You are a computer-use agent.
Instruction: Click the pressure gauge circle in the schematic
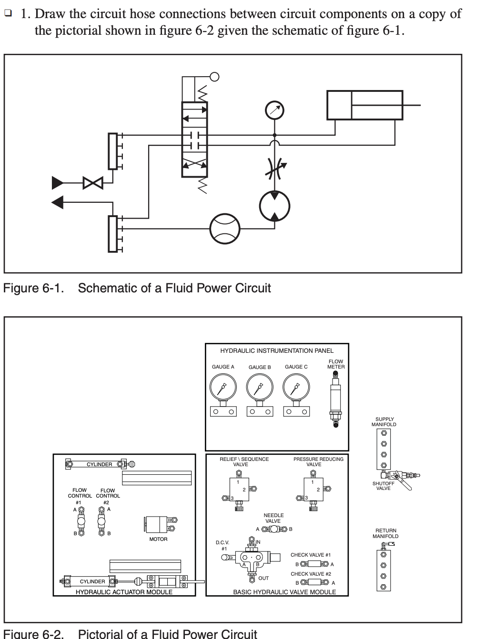[x=274, y=110]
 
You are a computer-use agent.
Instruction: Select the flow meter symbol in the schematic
[x=225, y=229]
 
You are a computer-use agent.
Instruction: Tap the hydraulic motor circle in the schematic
[x=274, y=206]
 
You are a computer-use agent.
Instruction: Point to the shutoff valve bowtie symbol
[x=93, y=182]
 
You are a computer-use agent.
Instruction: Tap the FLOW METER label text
[x=336, y=364]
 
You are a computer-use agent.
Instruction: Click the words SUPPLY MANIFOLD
[x=384, y=422]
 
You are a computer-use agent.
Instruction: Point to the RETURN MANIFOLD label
[x=385, y=533]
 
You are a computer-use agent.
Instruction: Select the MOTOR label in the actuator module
[x=158, y=539]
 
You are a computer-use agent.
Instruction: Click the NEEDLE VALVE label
[x=273, y=518]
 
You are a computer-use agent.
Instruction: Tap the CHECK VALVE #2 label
[x=311, y=574]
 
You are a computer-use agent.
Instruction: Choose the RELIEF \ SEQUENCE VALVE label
[x=244, y=461]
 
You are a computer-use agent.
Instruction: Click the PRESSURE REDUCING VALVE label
[x=318, y=461]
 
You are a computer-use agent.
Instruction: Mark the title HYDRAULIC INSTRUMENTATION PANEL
[x=277, y=350]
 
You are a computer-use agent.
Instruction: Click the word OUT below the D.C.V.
[x=263, y=578]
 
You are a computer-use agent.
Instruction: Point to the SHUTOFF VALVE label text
[x=384, y=486]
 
